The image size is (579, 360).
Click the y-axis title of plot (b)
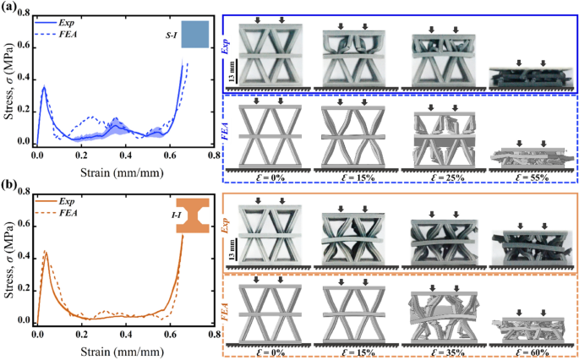8,261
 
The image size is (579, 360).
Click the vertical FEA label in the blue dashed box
227,129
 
